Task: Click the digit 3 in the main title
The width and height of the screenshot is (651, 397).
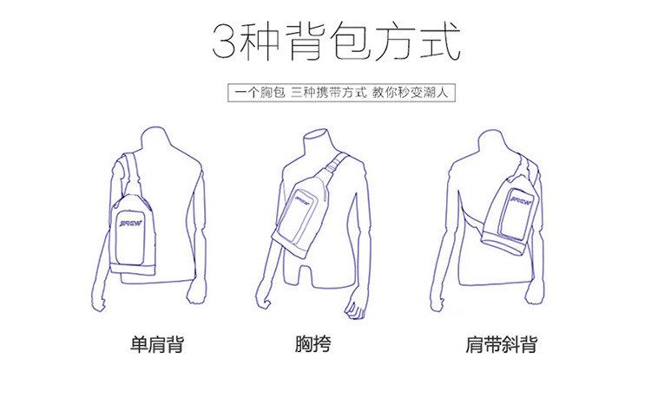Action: coord(224,42)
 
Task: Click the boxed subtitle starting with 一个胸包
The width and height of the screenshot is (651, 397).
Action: coord(341,93)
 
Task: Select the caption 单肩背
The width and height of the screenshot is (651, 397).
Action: coord(157,344)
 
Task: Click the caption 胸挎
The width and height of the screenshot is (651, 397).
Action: coord(313,344)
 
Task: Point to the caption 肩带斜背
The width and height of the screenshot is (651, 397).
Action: coord(501,344)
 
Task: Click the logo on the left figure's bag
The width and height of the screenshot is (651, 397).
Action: coord(131,224)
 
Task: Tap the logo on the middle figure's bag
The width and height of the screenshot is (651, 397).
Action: coord(304,198)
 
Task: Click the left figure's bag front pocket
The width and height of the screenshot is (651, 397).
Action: coord(130,238)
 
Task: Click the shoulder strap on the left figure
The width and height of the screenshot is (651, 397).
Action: coord(133,174)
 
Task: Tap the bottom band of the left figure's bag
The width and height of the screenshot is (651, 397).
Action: coord(133,268)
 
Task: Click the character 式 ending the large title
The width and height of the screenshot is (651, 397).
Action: coord(440,41)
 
